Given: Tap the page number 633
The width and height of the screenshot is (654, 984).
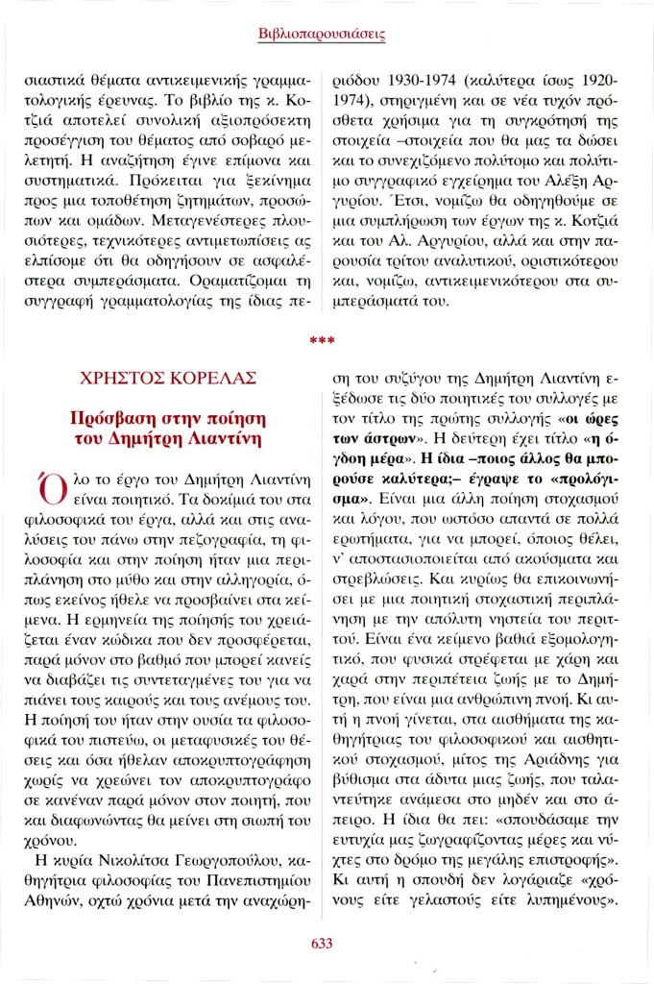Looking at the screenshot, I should pos(322,943).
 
